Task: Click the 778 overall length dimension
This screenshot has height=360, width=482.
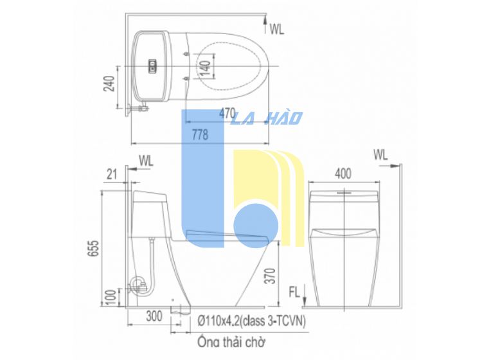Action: pos(200,134)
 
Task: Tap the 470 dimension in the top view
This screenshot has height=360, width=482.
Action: pos(228,113)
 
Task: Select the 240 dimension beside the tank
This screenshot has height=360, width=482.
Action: pos(109,84)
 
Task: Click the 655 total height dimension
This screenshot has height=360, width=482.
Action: pos(95,248)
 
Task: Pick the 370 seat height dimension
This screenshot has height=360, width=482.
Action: pos(271,276)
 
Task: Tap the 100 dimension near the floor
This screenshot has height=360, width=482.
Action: pos(112,297)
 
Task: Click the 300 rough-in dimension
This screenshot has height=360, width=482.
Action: pos(154,316)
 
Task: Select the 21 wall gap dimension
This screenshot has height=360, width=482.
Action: pos(112,175)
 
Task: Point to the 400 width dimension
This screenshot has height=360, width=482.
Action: pos(343,174)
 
